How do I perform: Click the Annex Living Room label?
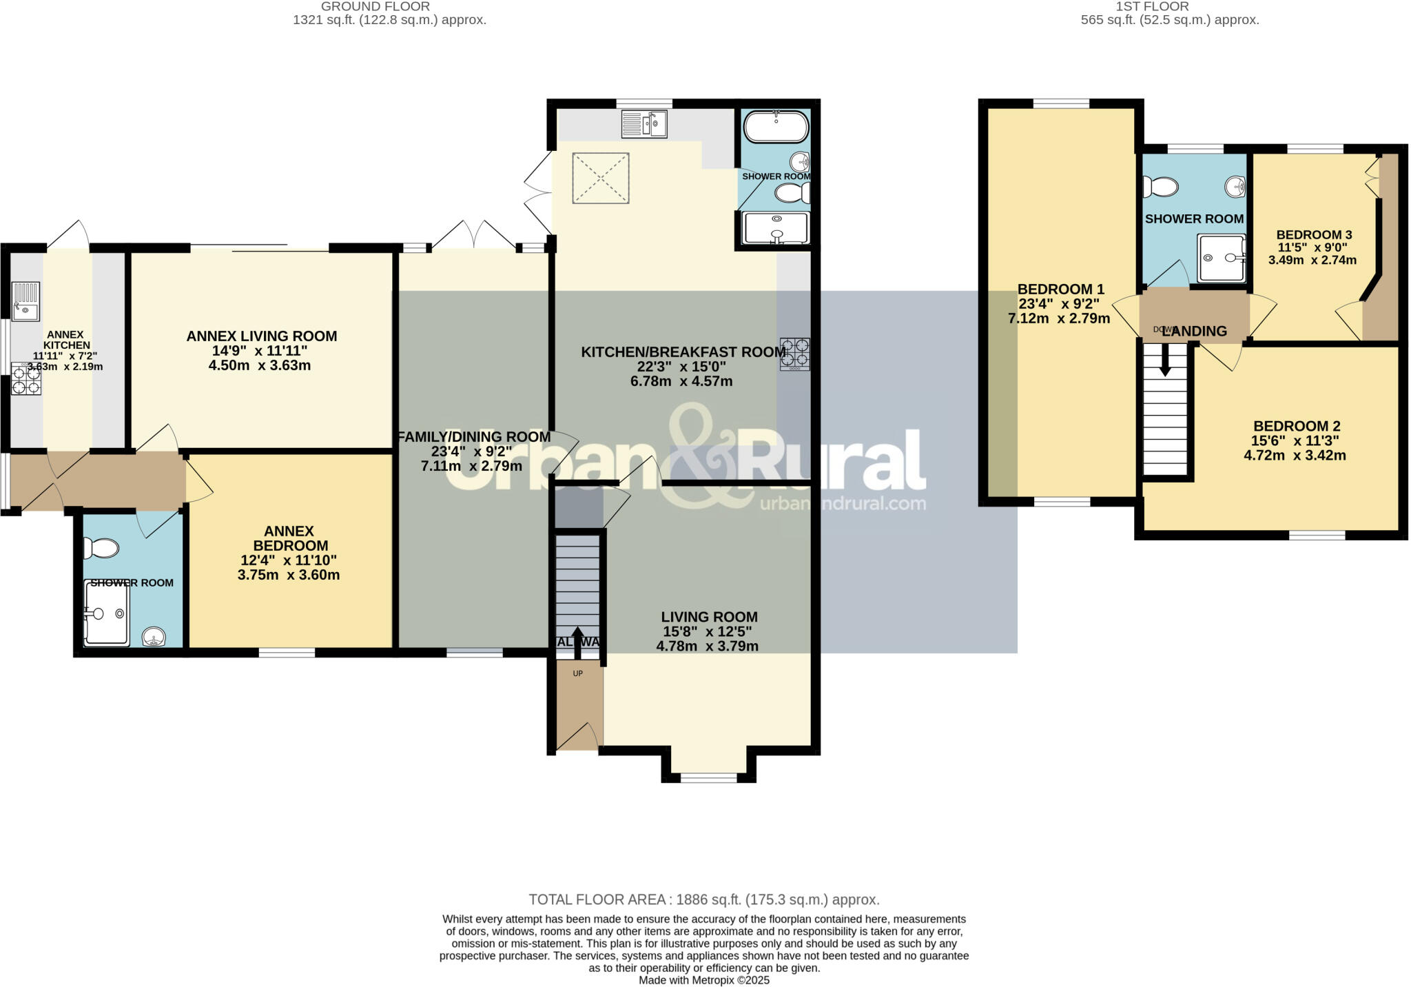pos(261,336)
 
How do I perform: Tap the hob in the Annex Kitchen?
pos(26,378)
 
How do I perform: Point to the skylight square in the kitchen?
pos(601,178)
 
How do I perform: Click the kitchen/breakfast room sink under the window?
pos(644,124)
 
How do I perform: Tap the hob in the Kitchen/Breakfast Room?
pos(794,354)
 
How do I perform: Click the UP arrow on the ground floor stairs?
pos(577,641)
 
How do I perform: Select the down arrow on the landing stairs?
pos(1165,360)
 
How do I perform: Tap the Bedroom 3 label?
pos(1309,234)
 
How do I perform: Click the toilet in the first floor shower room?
pos(1161,186)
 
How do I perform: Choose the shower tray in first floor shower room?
pos(1221,258)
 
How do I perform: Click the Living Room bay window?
pos(708,777)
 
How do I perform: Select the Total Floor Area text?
pos(703,899)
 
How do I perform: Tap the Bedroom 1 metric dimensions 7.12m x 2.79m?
pos(1058,318)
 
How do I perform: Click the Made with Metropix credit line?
pos(703,980)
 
